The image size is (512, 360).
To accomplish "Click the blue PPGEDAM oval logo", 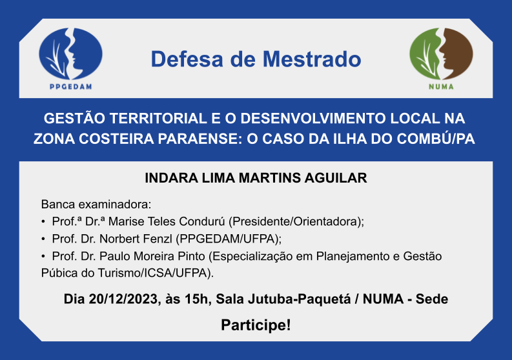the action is click(x=70, y=54).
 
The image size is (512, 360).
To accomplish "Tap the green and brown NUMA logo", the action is click(x=441, y=54).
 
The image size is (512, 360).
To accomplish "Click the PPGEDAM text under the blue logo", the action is click(x=70, y=87).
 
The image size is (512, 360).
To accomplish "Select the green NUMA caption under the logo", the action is click(x=441, y=87).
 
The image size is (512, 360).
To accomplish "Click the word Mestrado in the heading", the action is click(x=312, y=59).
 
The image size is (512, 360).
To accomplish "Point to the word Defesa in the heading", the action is click(x=187, y=59).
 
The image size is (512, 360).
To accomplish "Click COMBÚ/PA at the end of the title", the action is click(x=436, y=139).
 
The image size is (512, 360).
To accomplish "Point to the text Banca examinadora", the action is click(x=96, y=205).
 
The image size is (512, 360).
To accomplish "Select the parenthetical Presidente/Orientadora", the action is click(x=296, y=222).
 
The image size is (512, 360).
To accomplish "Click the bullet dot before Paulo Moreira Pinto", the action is click(x=43, y=257).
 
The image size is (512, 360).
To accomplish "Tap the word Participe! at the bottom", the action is click(x=256, y=325).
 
